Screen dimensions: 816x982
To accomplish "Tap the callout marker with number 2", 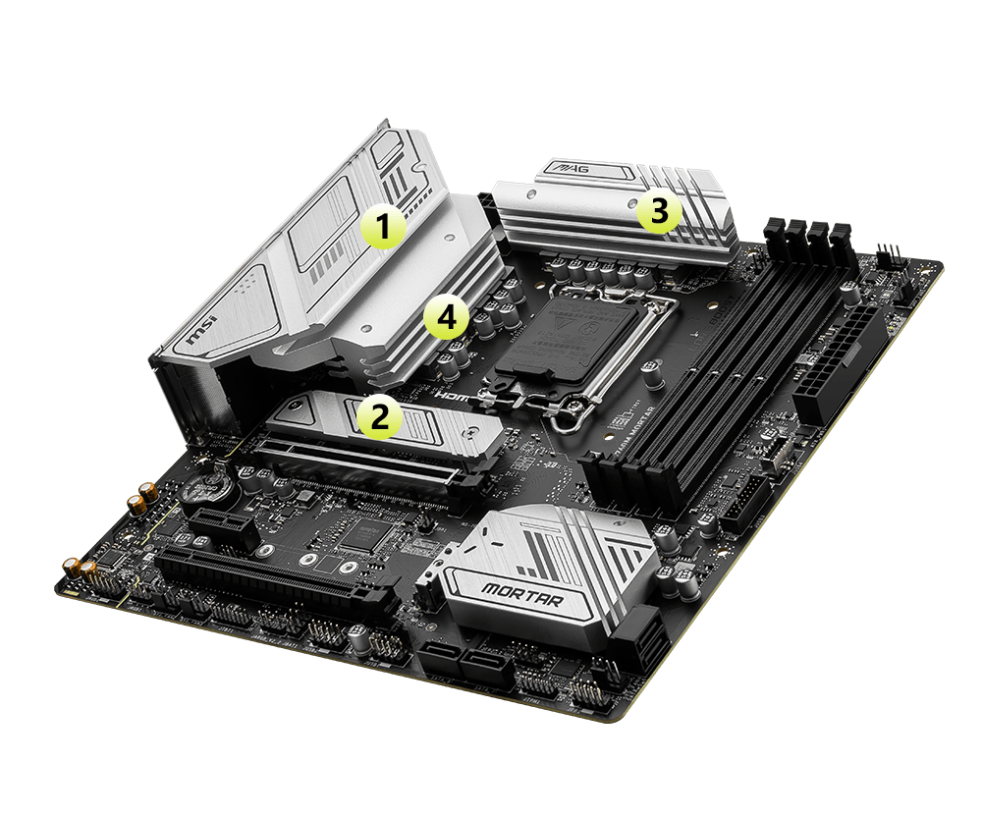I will [381, 416].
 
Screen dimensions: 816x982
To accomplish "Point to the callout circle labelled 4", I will [445, 317].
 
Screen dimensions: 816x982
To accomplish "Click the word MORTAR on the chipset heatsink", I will [521, 594].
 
